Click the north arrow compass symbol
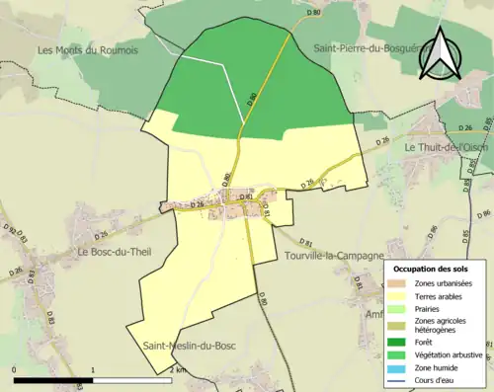click(x=442, y=54)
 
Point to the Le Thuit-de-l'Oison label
click(x=448, y=147)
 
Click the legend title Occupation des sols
click(x=432, y=269)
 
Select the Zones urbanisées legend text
click(x=445, y=283)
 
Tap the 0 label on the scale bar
click(x=14, y=369)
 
